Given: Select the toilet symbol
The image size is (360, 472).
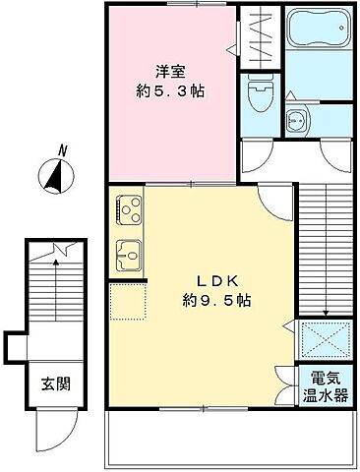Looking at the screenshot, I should point(260,95).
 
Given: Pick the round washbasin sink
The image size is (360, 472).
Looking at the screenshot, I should point(295,123).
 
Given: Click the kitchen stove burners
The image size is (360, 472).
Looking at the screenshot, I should point(129,209).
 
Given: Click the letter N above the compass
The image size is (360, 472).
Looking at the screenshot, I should point(61,150).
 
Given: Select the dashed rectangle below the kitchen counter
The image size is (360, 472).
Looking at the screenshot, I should point(127,302).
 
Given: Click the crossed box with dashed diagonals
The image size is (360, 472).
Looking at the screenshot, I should point(326,340).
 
